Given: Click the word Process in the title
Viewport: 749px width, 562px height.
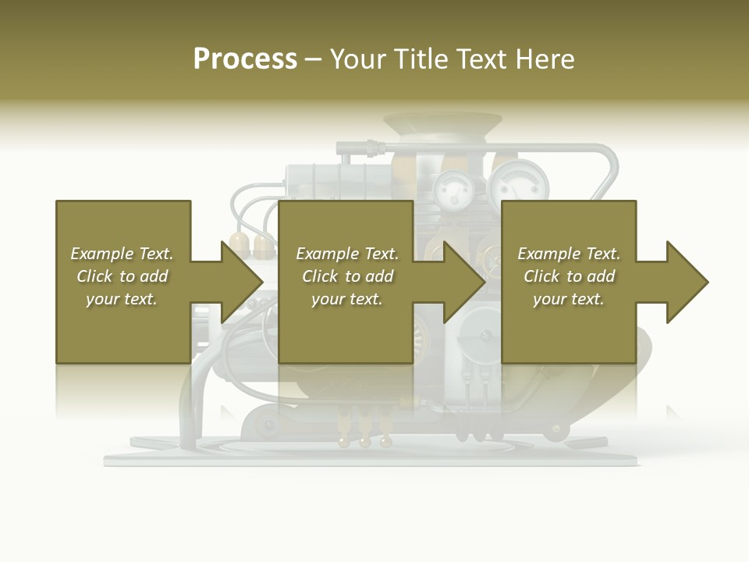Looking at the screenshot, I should point(245,59).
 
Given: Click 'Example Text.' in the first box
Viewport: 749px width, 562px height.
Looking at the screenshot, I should point(122,254).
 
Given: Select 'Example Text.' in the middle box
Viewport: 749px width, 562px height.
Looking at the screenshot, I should point(347,254).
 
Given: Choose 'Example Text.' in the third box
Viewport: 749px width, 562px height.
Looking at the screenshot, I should point(569,254).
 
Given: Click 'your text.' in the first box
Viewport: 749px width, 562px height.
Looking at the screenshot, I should point(122,299).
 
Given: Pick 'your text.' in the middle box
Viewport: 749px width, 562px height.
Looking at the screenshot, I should point(347,299).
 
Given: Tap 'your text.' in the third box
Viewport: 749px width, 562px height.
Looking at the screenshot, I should point(569,299).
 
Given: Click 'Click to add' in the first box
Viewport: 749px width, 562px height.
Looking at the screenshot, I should point(122,276).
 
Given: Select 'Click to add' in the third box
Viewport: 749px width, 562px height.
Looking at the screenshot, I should point(569,276).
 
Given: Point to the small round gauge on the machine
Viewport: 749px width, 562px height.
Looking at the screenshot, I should point(449,187).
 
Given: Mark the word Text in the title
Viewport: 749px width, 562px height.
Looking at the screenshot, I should point(476,59).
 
